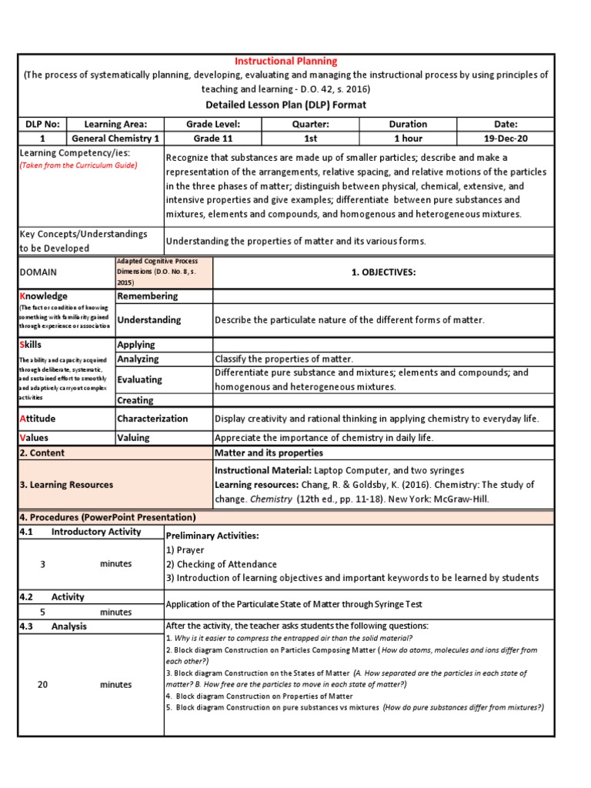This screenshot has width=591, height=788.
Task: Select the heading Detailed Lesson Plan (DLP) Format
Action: coord(296,105)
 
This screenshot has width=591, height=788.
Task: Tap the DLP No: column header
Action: coord(42,124)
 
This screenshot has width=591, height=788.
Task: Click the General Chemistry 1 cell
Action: coord(115,139)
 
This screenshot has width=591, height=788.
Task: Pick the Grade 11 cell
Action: coord(213,139)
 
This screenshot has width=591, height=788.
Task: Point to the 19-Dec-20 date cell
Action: coord(506,139)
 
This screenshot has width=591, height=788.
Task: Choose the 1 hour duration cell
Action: coord(408,139)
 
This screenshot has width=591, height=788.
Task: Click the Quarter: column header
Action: coord(311,124)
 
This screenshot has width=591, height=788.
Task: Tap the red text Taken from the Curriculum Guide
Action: coord(78,165)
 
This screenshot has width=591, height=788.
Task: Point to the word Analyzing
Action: coord(138,359)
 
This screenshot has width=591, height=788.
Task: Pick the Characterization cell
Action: coord(152,419)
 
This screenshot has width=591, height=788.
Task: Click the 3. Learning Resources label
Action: coord(65,485)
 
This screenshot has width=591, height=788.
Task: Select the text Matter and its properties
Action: coord(269,452)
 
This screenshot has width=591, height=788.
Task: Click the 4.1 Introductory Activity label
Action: coord(80,532)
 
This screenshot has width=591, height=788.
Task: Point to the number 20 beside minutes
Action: coord(43,684)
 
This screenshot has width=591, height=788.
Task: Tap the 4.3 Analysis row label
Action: coord(53,626)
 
